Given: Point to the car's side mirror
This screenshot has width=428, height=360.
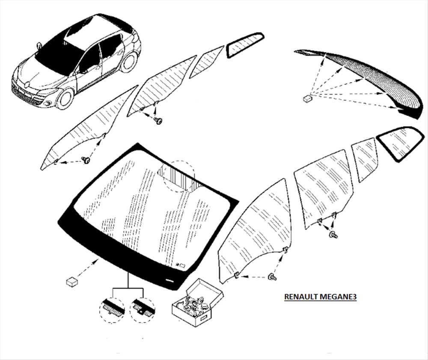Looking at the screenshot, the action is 39,46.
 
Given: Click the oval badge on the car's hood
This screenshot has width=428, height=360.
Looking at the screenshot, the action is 27,85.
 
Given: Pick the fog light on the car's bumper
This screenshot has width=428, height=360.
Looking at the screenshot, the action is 48,103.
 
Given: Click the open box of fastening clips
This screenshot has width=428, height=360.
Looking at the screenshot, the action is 197,302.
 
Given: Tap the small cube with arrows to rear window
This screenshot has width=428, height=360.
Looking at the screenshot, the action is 308,98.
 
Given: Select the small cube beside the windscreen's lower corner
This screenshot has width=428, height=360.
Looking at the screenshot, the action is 72,282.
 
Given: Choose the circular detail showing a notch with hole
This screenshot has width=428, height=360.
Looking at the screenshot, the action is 142,310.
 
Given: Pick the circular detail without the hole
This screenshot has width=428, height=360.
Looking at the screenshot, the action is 112,310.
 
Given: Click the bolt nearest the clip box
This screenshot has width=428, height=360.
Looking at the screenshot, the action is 273,277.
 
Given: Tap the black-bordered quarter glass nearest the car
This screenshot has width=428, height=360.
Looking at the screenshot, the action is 245,44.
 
